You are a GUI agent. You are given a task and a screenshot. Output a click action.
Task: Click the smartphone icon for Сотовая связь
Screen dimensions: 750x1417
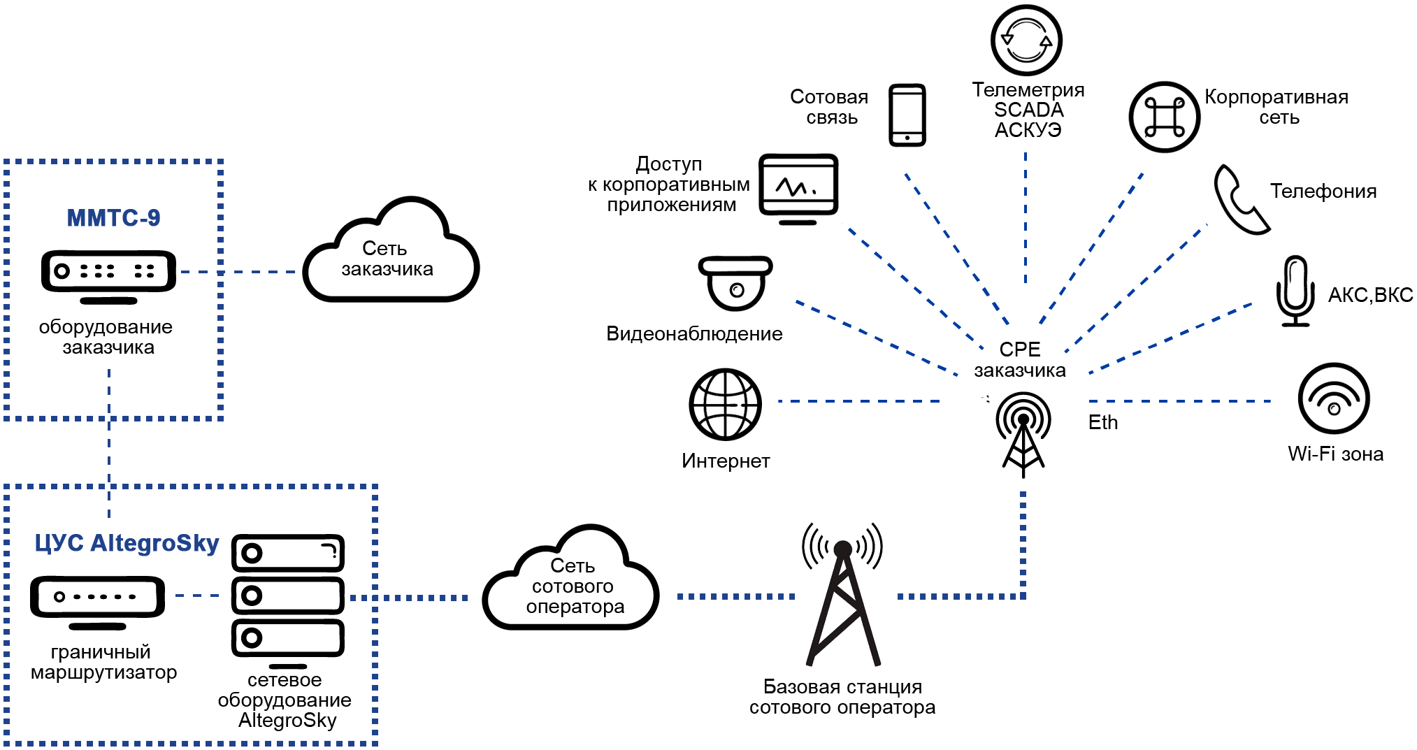pyautogui.click(x=907, y=115)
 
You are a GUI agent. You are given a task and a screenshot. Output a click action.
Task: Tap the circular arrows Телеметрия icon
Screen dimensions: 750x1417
pyautogui.click(x=1026, y=40)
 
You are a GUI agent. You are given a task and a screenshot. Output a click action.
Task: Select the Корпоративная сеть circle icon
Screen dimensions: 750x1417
pyautogui.click(x=1164, y=117)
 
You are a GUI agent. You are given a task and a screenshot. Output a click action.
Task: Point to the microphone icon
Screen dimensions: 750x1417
pyautogui.click(x=1295, y=291)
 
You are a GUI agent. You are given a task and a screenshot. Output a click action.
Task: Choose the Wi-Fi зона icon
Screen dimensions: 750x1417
pyautogui.click(x=1333, y=398)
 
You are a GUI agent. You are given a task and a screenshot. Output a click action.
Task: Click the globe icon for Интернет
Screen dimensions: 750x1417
pyautogui.click(x=725, y=404)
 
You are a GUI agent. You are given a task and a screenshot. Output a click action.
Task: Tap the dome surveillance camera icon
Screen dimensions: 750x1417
pyautogui.click(x=735, y=283)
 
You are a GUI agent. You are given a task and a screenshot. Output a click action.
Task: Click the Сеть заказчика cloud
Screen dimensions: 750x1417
pyautogui.click(x=390, y=256)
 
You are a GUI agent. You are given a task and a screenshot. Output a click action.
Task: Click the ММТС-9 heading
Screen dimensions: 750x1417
pyautogui.click(x=113, y=218)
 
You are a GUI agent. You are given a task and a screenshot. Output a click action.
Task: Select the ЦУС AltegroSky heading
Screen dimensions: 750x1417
pyautogui.click(x=127, y=543)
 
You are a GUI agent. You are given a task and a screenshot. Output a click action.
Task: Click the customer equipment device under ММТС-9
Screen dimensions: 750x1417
pyautogui.click(x=108, y=274)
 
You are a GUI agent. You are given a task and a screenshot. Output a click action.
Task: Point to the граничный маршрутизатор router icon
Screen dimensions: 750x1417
pyautogui.click(x=98, y=600)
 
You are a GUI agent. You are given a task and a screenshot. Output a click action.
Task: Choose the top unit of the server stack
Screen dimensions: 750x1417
pyautogui.click(x=288, y=554)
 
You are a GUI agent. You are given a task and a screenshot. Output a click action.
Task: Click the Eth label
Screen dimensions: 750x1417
pyautogui.click(x=1102, y=423)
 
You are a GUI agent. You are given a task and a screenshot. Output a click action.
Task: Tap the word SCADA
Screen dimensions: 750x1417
pyautogui.click(x=1028, y=110)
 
